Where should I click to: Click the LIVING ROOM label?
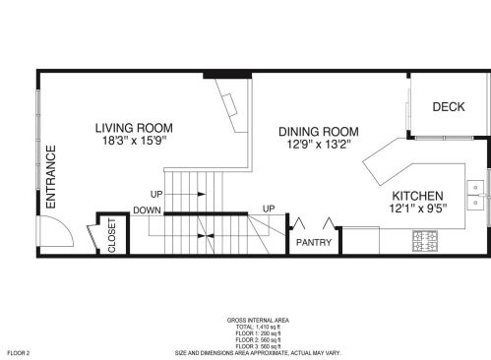coord(134,128)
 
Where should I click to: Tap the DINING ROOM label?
coord(319,132)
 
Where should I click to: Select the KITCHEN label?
coord(417,196)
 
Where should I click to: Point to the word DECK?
coord(449,107)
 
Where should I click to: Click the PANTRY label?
coord(314,243)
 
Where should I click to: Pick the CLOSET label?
coord(112,235)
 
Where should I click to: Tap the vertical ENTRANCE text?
coord(51,177)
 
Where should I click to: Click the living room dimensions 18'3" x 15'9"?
coord(135,141)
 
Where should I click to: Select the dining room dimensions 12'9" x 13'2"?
coord(319,145)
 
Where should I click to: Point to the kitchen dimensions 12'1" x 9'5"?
coord(418,209)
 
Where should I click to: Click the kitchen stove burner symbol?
coord(425,241)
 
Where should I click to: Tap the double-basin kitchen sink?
coord(475,195)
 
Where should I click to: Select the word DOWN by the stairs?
coord(147,210)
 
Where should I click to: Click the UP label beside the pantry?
coord(269,209)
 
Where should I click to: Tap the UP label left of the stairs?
coord(156,194)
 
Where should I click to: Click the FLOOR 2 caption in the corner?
coord(19,353)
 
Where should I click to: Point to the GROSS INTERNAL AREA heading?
coord(258,321)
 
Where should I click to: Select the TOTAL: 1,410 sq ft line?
coord(258,327)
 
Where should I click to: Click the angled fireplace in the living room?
coord(233,105)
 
